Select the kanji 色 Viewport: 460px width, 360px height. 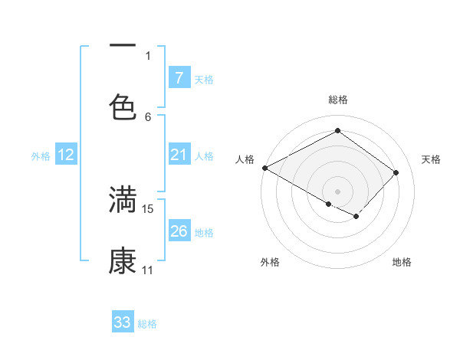point(123,106)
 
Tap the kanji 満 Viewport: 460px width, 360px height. point(123,199)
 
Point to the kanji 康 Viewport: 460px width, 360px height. point(123,261)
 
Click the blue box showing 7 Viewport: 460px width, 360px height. point(179,78)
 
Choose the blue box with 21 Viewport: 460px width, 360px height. point(179,155)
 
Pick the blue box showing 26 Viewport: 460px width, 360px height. point(179,231)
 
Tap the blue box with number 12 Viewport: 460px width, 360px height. point(66,155)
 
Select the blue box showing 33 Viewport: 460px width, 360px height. point(123,322)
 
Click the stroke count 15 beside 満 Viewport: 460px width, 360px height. point(149,208)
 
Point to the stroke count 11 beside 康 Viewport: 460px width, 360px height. point(148,270)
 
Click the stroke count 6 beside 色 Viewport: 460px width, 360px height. point(148,116)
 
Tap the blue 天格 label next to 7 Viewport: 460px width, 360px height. point(204,79)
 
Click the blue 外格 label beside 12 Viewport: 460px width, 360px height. point(41,156)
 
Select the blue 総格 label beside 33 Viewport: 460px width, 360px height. point(147,323)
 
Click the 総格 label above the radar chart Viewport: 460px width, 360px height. point(337,100)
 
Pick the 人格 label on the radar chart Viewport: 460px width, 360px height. point(245,159)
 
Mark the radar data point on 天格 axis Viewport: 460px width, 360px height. point(396,172)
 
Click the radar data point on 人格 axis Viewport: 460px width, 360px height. point(264,168)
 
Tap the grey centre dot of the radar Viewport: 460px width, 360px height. point(337,191)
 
